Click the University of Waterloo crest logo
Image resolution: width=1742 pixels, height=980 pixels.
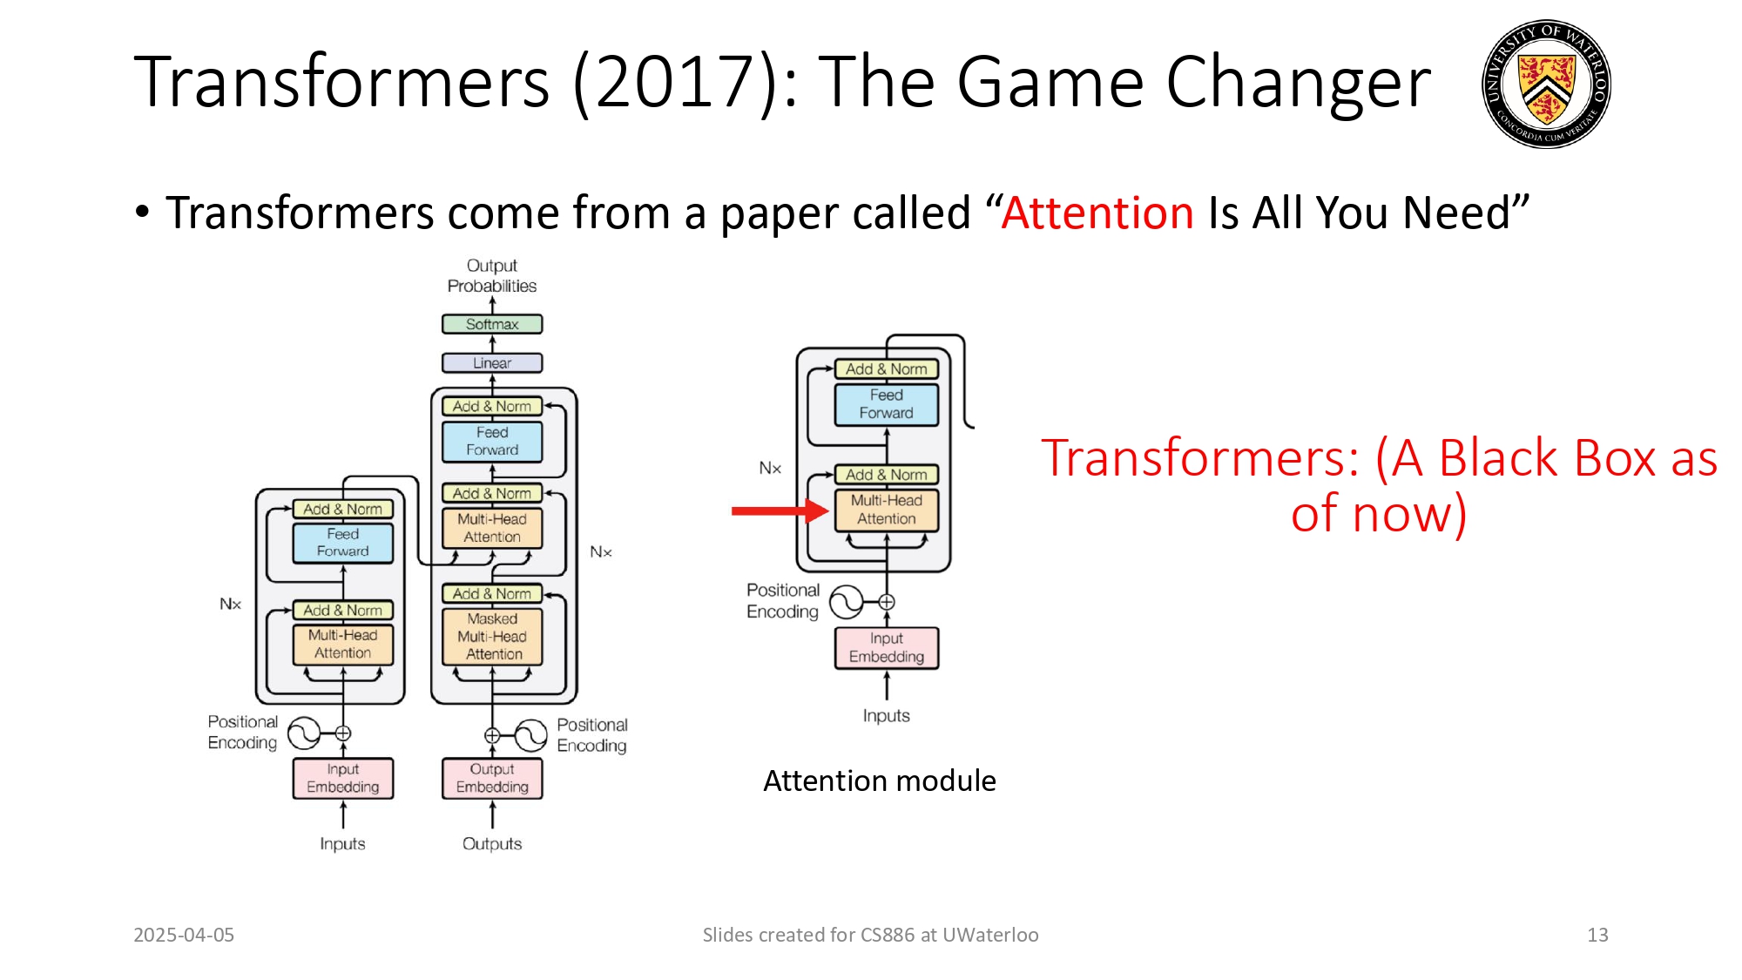1546,84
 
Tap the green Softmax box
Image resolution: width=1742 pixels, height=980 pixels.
492,324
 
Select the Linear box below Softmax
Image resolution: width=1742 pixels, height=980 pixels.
492,362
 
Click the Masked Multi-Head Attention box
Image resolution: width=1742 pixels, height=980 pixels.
492,637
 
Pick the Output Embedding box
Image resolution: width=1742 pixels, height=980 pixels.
492,778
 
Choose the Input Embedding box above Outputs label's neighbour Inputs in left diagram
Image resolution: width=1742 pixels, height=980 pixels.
342,778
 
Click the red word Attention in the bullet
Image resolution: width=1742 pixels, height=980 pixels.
1097,213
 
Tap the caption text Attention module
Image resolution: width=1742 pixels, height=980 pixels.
880,781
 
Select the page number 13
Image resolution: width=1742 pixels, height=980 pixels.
1597,935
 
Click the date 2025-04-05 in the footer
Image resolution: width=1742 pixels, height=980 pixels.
184,935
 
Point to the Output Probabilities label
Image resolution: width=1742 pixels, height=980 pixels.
492,275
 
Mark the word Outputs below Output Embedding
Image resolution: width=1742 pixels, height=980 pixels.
492,843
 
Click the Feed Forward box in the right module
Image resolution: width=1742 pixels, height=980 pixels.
887,404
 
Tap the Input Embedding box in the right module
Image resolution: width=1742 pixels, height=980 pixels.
887,647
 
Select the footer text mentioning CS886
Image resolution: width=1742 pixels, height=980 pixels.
870,935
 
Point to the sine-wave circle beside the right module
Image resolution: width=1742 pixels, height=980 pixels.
846,601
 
